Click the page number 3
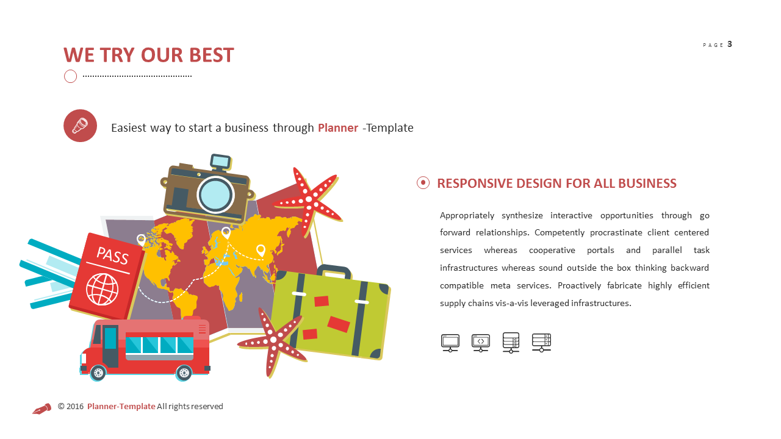pyautogui.click(x=730, y=44)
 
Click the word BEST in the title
pyautogui.click(x=211, y=55)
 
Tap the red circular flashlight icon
pyautogui.click(x=80, y=126)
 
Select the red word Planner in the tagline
pyautogui.click(x=337, y=128)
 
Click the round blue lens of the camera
pyautogui.click(x=215, y=195)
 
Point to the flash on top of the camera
pyautogui.click(x=220, y=162)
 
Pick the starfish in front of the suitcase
pyautogui.click(x=273, y=341)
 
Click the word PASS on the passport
pyautogui.click(x=112, y=255)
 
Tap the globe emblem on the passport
pyautogui.click(x=101, y=288)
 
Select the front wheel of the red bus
pyautogui.click(x=98, y=372)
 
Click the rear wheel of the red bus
pyautogui.click(x=184, y=373)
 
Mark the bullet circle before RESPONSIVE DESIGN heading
pyautogui.click(x=423, y=183)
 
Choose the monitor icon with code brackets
pyautogui.click(x=481, y=342)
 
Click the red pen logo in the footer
pyautogui.click(x=41, y=409)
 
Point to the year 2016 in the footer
pyautogui.click(x=75, y=407)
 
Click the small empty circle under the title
pyautogui.click(x=71, y=76)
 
